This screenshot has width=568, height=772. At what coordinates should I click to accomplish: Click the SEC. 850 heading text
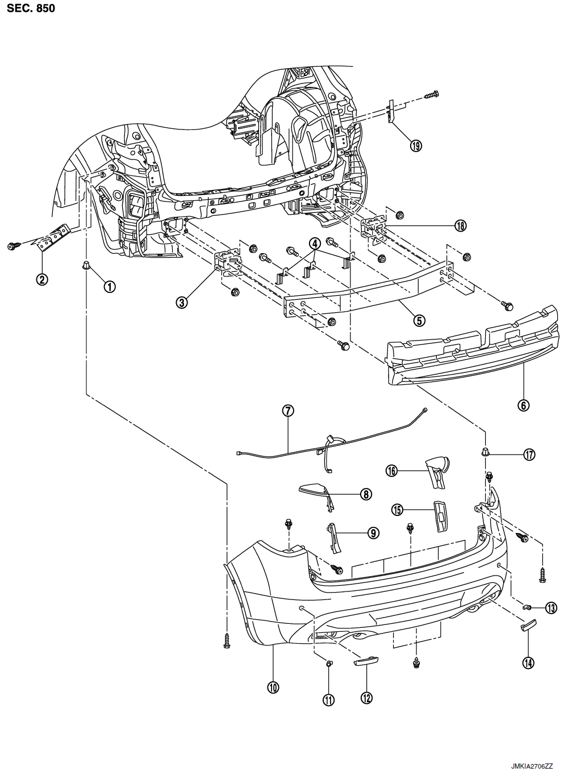31,8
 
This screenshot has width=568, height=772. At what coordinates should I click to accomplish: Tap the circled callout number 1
110,287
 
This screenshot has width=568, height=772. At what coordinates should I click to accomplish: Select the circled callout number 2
42,279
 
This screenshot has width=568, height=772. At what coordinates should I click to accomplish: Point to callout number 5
419,321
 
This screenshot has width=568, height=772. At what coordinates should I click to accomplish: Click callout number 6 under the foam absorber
524,405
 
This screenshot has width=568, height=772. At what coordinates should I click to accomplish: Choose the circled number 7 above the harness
288,411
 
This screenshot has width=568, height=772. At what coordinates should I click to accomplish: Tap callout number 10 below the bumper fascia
273,687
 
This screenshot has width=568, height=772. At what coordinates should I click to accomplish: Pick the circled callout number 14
529,662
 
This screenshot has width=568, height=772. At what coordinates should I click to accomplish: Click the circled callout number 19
416,146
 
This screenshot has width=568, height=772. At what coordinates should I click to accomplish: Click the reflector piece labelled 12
366,660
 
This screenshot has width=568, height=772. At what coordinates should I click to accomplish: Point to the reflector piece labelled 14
529,624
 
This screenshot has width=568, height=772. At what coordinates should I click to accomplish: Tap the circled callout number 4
315,244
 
